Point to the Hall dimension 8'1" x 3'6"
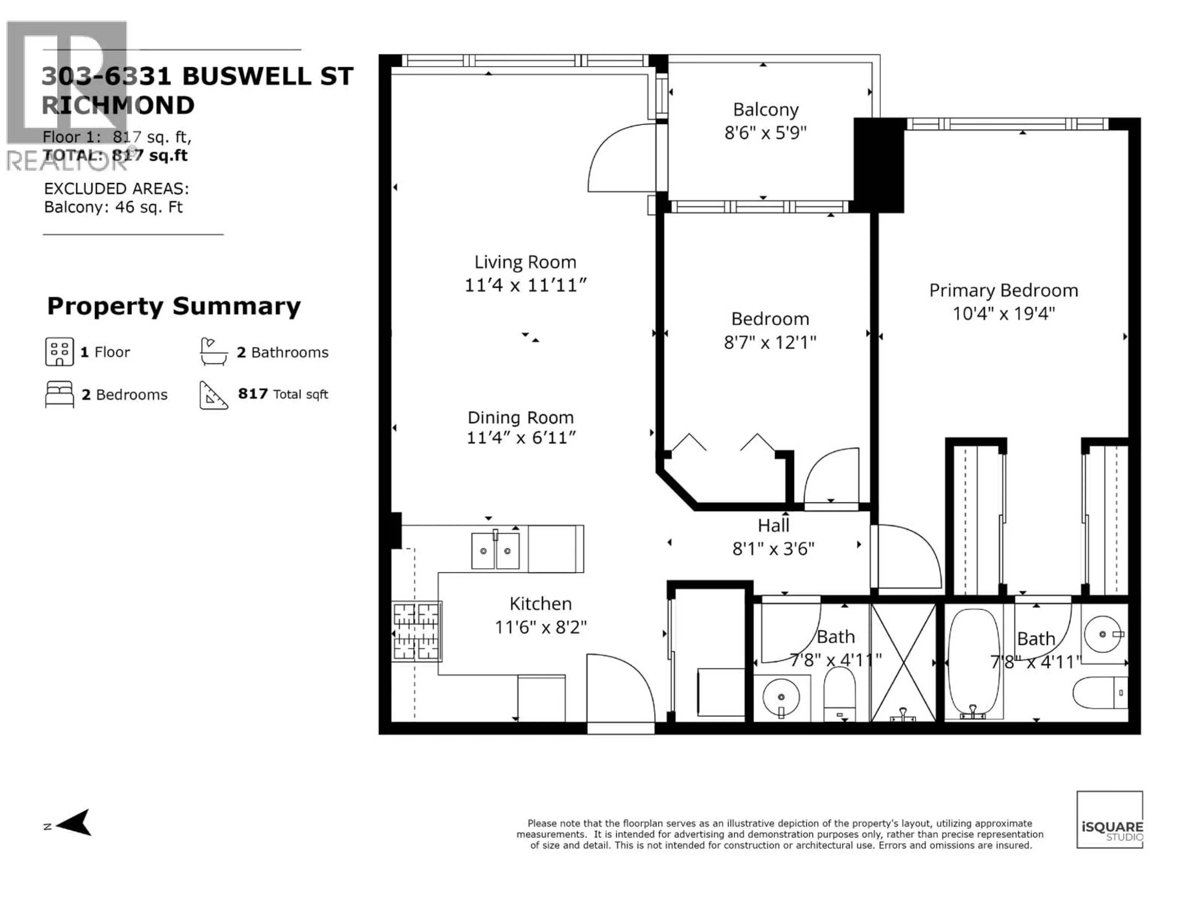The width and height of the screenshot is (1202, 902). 773,549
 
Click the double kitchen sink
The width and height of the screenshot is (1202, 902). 495,551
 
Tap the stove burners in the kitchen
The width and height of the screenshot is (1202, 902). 416,631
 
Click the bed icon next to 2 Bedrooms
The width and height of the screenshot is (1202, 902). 59,394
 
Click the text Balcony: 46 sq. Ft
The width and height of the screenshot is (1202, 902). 113,207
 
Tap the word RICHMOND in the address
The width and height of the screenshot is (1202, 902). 118,106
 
